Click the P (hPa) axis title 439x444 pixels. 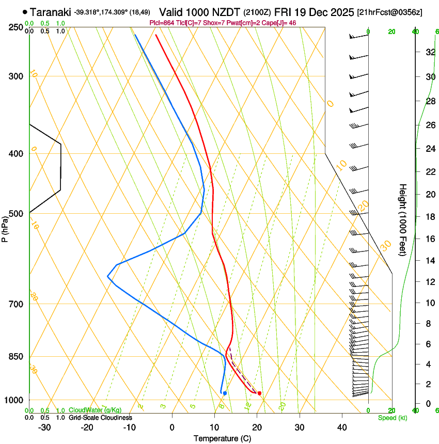5,228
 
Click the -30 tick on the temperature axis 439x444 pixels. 44,427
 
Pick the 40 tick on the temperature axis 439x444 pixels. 341,427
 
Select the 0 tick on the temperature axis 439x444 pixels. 172,427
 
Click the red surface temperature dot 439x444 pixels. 259,393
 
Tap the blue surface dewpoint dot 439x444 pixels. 225,393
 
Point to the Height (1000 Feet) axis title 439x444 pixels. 403,219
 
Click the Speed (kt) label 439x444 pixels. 392,418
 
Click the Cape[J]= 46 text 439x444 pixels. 278,23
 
